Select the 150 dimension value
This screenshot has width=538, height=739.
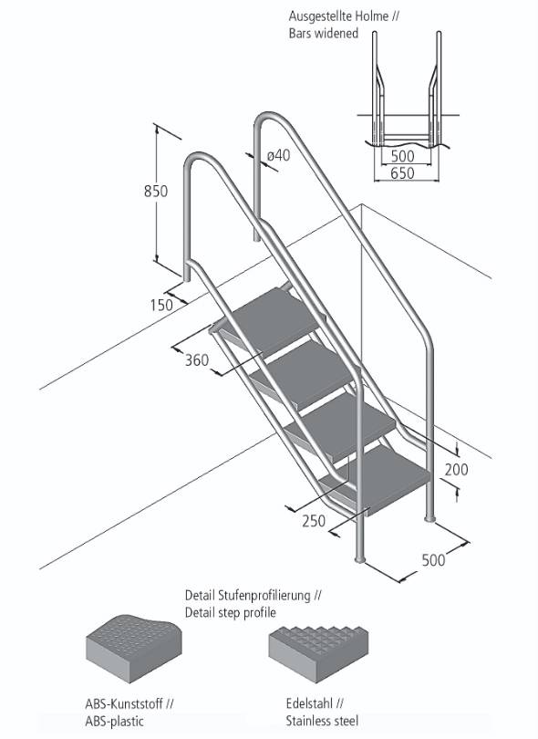tap(161, 305)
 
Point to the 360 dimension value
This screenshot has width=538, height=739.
tap(197, 359)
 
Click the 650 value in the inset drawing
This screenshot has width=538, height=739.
tap(402, 172)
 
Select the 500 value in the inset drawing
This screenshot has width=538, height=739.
tap(402, 157)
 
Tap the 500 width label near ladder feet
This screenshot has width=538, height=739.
tap(433, 559)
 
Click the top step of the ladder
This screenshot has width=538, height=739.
tap(271, 309)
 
